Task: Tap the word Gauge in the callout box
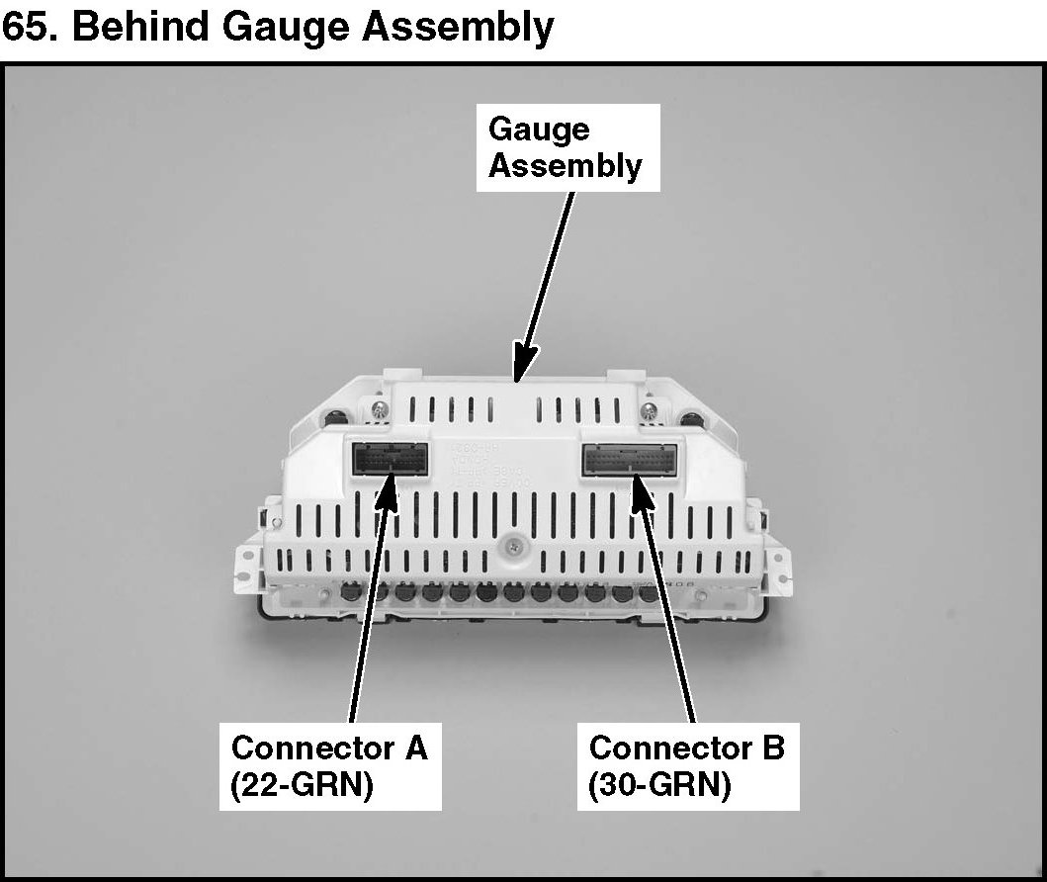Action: (539, 130)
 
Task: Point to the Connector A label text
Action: (329, 747)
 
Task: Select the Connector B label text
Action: (686, 747)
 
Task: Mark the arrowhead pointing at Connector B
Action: (640, 488)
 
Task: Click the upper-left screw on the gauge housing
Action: (381, 407)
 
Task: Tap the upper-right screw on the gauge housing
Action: (649, 409)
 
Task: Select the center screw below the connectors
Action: (514, 545)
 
